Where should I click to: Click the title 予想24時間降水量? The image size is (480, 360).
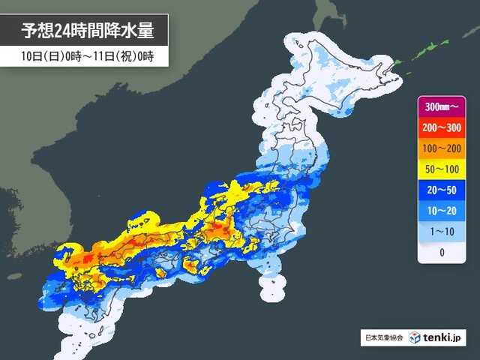click(83, 31)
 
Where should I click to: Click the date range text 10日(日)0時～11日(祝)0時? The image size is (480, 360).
click(82, 57)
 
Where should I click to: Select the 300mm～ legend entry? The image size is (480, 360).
click(441, 106)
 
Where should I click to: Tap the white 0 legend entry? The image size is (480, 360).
click(441, 252)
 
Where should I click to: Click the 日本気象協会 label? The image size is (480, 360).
click(383, 338)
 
